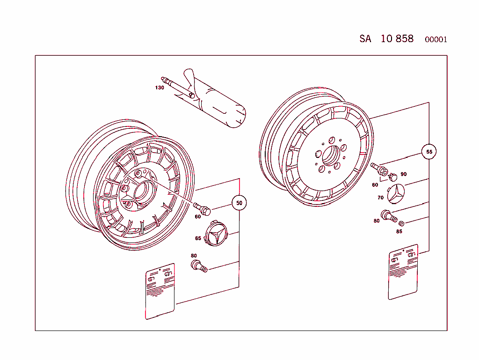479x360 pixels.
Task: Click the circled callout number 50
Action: tap(239, 203)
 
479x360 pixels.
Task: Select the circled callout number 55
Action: tap(428, 152)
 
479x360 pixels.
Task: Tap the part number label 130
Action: tap(160, 88)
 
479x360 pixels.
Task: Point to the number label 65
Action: tap(198, 238)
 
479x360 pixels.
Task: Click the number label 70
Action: tap(380, 198)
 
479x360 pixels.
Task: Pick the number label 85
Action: tap(399, 231)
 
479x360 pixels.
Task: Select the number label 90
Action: tap(403, 174)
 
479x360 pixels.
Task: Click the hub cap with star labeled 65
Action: tap(216, 235)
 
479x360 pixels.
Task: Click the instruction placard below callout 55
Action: tap(403, 272)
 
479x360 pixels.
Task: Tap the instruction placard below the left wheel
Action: tap(160, 291)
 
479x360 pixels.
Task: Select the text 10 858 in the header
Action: tap(397, 39)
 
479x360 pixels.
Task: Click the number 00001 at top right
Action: tap(435, 40)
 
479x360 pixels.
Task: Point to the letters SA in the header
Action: tap(365, 39)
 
